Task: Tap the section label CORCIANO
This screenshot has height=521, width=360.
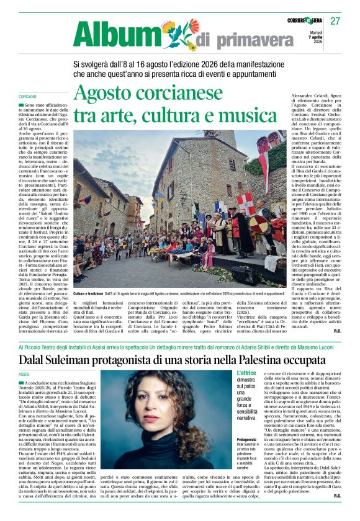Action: [x=27, y=97]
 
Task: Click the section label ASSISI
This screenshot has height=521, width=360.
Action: [x=24, y=375]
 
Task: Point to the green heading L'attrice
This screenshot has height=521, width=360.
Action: [x=246, y=373]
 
